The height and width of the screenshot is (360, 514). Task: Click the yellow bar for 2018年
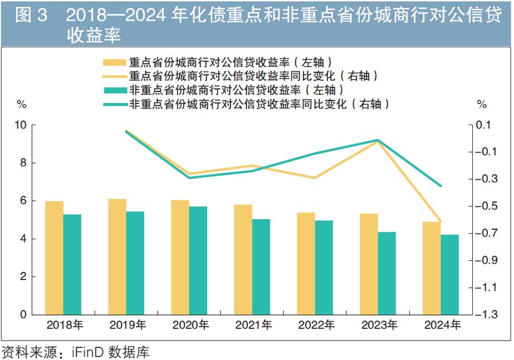(x=54, y=258)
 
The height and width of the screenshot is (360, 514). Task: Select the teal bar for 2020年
(x=198, y=260)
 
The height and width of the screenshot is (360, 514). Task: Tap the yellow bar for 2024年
(x=432, y=268)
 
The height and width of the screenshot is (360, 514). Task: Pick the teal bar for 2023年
(x=387, y=273)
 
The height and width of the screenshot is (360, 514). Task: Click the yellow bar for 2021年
(x=243, y=259)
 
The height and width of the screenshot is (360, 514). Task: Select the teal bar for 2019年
(x=135, y=263)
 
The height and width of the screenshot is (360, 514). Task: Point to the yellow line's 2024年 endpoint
(x=440, y=221)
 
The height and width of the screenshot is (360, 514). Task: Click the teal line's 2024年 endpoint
(x=440, y=186)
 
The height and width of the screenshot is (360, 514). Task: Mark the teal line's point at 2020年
(x=189, y=177)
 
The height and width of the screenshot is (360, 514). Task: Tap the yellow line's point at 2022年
(x=315, y=178)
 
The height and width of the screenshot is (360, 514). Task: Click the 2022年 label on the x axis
(x=315, y=325)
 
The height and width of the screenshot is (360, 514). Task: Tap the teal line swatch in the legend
(x=113, y=103)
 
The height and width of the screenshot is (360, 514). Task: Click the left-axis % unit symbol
(x=21, y=104)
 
